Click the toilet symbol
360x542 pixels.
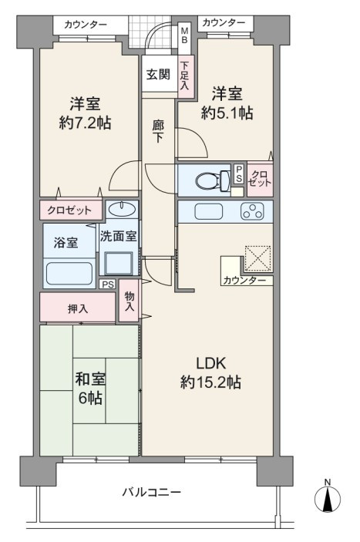pos(213,180)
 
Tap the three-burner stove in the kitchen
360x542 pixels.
pos(252,211)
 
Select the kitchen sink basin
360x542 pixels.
pos(208,211)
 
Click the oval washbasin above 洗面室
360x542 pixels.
pos(122,208)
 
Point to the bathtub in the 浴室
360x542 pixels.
pos(69,274)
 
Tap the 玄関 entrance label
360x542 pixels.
pos(158,74)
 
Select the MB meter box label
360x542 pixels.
pos(184,35)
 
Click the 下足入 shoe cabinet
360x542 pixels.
pos(186,76)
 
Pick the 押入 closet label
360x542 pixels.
pos(78,308)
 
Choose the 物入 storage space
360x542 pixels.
pos(130,301)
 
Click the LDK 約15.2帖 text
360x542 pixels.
pos(210,372)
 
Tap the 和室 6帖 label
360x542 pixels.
pos(90,389)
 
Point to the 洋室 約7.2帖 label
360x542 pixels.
pos(85,113)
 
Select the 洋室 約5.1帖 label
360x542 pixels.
pos(227,103)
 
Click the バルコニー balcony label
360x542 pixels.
pos(152,491)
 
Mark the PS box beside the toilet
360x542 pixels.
pos(239,174)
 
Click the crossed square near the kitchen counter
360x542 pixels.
pos(257,258)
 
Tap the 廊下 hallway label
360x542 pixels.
pos(158,131)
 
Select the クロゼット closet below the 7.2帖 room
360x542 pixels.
pos(71,210)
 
